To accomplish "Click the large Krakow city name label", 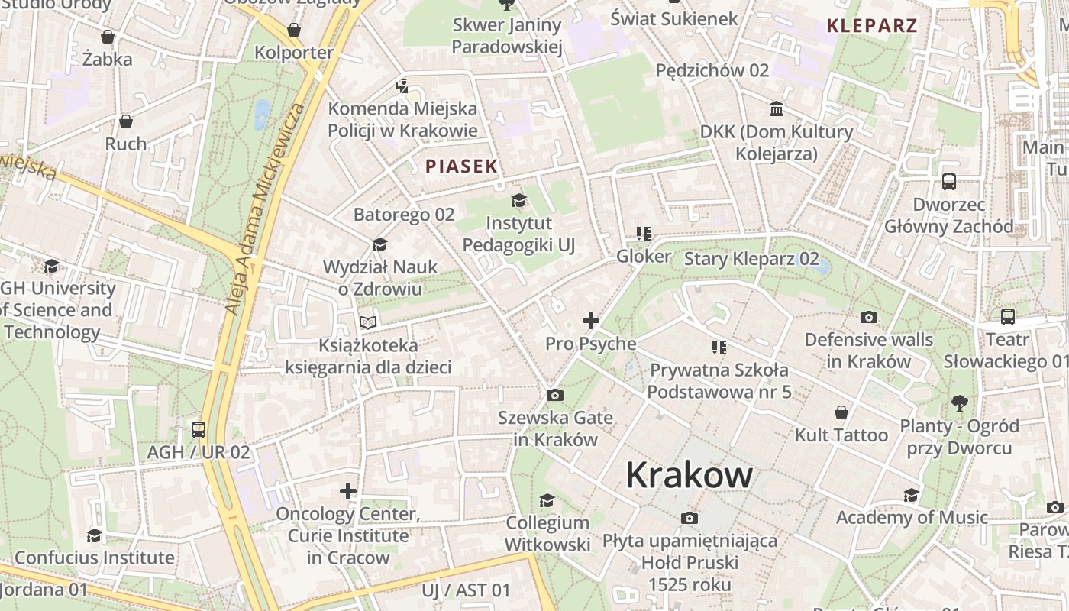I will (689, 475).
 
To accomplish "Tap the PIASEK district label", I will (461, 166).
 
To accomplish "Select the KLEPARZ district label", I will (872, 25).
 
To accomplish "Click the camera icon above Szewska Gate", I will (555, 395).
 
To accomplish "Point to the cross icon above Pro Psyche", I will (591, 321).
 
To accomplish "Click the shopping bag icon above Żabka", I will (108, 37).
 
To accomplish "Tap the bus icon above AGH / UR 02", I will (199, 429).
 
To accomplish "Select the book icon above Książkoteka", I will (368, 322).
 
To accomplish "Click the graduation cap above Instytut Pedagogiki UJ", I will (518, 201).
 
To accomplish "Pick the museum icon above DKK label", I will (777, 109).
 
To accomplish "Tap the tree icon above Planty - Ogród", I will (960, 402).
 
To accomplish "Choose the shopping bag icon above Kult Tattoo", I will (841, 412).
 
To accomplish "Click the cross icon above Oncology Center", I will (348, 490).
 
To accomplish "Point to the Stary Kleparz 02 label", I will (751, 259).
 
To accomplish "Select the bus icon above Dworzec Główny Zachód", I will (949, 182).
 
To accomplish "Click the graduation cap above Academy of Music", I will (911, 495).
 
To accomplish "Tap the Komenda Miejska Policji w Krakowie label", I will (402, 119).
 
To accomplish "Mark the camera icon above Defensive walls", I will (868, 317).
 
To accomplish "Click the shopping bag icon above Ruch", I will (126, 121).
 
